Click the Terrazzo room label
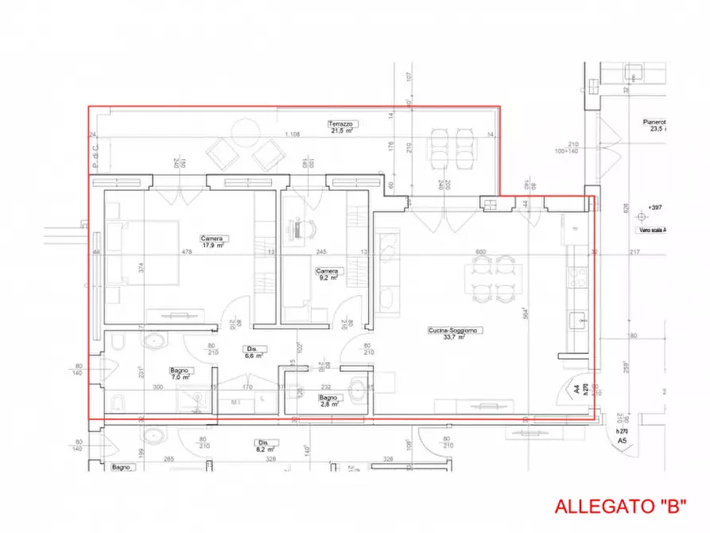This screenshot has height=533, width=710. (341, 126)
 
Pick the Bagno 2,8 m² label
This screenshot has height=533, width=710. (329, 400)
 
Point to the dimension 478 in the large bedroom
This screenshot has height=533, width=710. (188, 252)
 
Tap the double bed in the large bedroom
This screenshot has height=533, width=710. (143, 253)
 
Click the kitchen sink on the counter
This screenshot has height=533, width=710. (578, 320)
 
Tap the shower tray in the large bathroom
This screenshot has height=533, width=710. (194, 399)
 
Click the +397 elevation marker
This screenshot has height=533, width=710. (655, 208)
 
